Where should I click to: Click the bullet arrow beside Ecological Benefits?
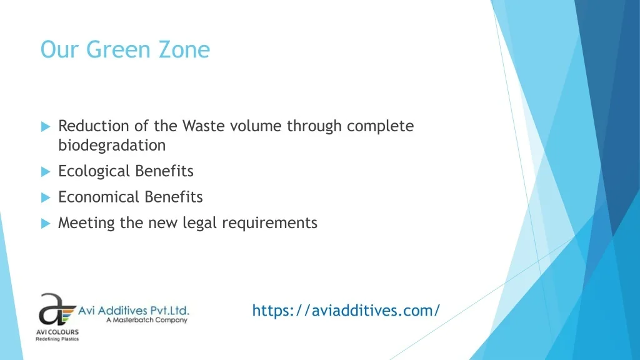[x=46, y=172]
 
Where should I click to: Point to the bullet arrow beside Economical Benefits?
[x=46, y=198]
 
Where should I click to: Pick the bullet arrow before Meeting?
[x=46, y=224]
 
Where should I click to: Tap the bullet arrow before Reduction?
[x=46, y=126]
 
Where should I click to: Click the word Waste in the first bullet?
[x=203, y=126]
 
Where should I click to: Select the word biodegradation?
[x=112, y=145]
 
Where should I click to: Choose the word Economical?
[x=99, y=197]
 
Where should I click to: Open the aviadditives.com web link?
[x=346, y=311]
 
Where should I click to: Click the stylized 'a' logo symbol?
[x=56, y=309]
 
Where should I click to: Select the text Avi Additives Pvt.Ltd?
[x=134, y=311]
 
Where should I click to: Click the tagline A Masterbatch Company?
[x=147, y=320]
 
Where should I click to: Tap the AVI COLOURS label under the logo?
[x=57, y=332]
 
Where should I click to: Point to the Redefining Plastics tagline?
[x=57, y=339]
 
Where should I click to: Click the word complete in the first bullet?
[x=381, y=126]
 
